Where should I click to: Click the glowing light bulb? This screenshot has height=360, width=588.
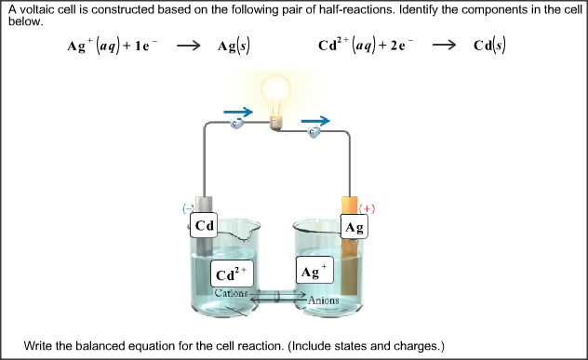click(274, 97)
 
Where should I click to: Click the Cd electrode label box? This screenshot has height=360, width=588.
click(205, 226)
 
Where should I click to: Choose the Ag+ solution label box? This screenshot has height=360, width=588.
click(314, 272)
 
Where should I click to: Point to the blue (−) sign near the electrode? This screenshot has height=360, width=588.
click(188, 208)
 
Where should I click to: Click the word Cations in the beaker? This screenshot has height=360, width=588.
click(231, 293)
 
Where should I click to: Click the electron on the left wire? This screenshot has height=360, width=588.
click(237, 126)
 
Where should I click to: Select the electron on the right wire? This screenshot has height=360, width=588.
click(314, 132)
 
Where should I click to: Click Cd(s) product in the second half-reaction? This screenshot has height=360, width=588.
click(489, 46)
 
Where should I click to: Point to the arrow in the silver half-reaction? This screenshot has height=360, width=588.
click(189, 46)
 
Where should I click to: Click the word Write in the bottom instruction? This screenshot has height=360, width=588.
click(40, 345)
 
